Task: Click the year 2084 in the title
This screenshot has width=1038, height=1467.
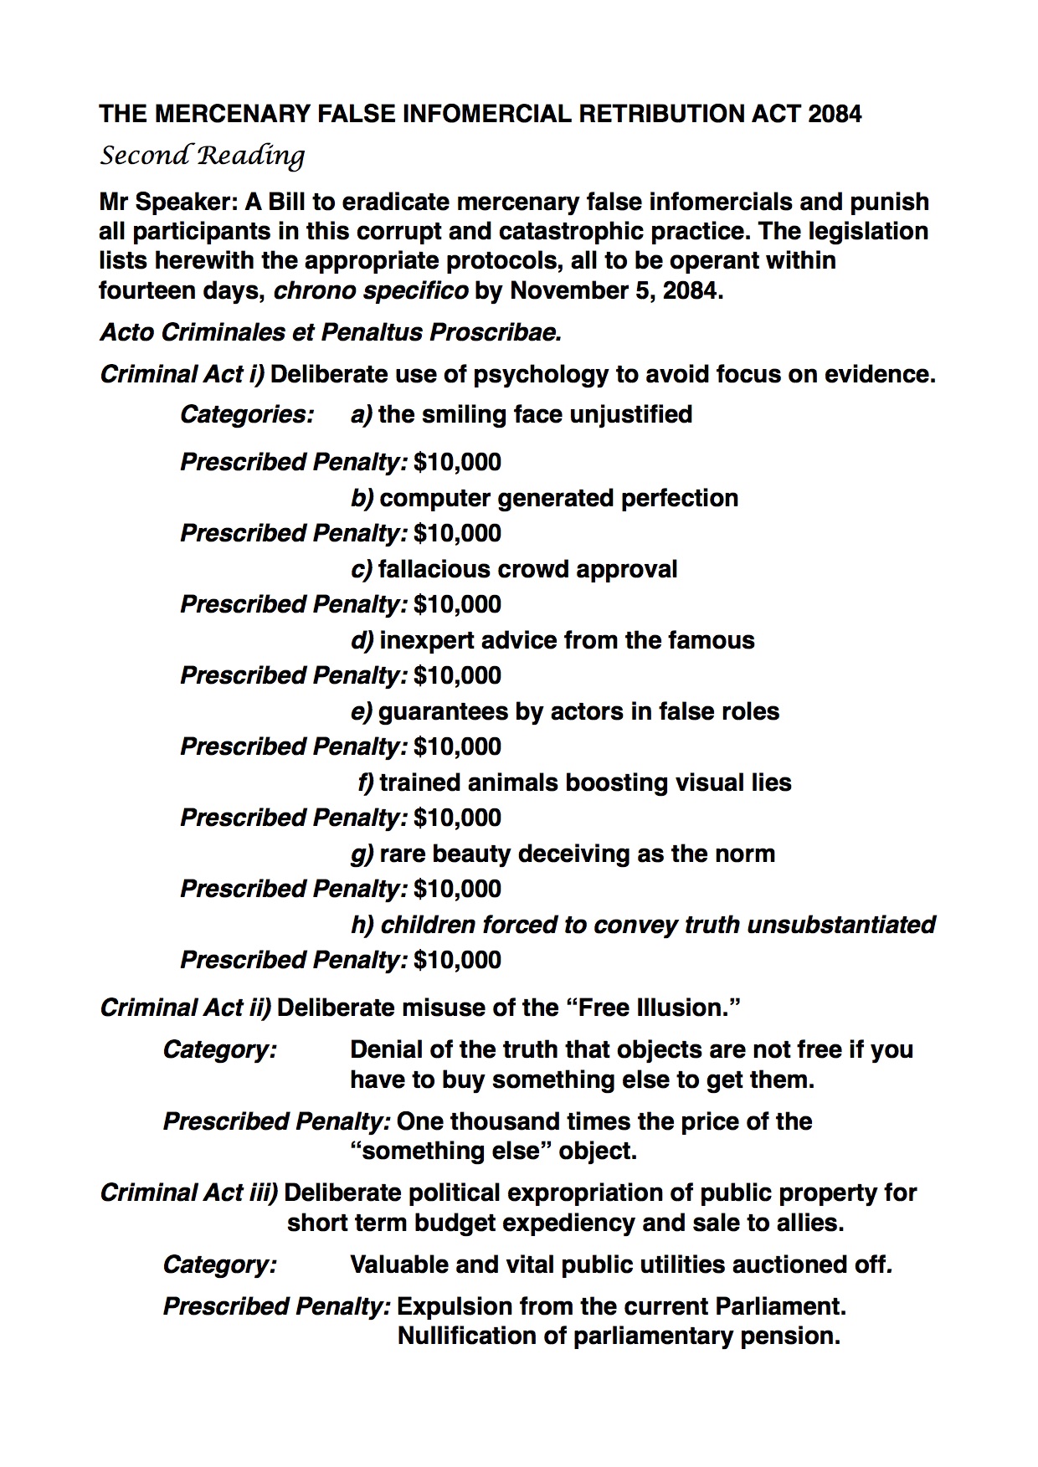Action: coord(835,114)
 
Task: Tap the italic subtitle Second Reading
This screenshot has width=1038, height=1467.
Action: coord(202,156)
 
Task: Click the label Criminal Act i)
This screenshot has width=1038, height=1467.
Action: coord(182,373)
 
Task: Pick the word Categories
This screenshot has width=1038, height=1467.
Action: coord(247,414)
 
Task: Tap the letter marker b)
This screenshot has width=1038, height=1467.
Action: coord(362,498)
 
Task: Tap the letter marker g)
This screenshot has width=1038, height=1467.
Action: coord(362,854)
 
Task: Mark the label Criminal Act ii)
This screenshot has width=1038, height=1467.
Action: coord(185,1007)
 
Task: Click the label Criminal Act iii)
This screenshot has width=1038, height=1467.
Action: coord(188,1193)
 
